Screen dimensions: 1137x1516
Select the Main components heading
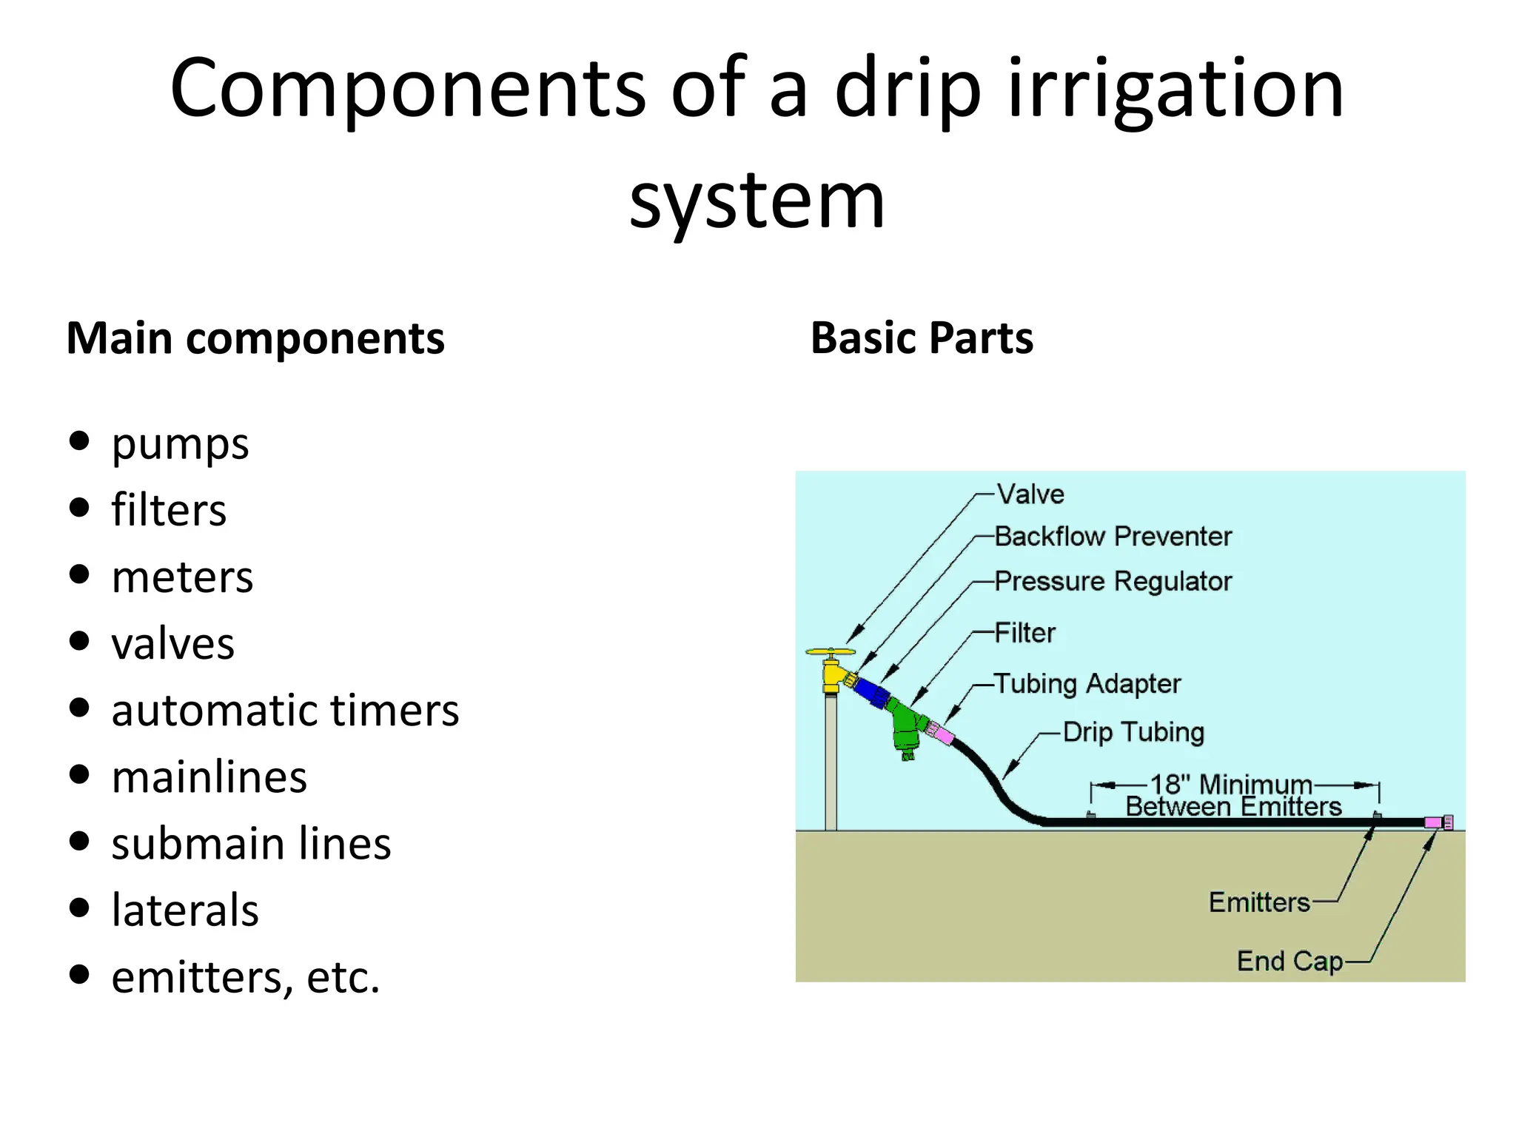(x=255, y=338)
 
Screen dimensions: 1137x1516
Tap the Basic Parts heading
(x=922, y=338)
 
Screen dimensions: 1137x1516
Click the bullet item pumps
(x=180, y=443)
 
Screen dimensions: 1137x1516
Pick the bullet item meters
(x=182, y=577)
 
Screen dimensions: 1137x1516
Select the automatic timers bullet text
(x=285, y=711)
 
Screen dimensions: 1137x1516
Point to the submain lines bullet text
(x=251, y=844)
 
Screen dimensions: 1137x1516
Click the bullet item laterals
(x=185, y=910)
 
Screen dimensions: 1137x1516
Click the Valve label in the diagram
(x=1030, y=494)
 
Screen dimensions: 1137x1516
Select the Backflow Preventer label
(x=1113, y=536)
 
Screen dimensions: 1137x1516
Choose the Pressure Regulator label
(x=1113, y=581)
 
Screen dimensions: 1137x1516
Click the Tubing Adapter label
(x=1087, y=683)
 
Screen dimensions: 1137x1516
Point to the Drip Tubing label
(x=1133, y=732)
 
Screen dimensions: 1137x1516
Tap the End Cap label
(x=1289, y=961)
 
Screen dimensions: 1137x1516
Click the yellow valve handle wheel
(x=831, y=653)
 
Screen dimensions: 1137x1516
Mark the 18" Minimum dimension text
(x=1230, y=784)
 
